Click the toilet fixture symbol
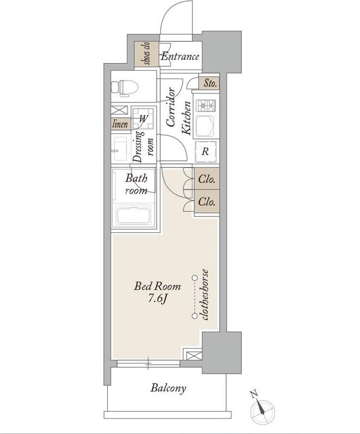(x=124, y=88)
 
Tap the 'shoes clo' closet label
(x=147, y=54)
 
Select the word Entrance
(x=180, y=56)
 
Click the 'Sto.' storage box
(x=209, y=83)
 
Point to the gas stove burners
(x=206, y=105)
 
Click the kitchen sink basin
(x=205, y=126)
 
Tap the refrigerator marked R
(x=205, y=151)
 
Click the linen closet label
(x=120, y=124)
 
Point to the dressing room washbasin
(x=119, y=149)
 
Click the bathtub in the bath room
(x=133, y=215)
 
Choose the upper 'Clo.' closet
(x=207, y=179)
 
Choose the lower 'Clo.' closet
(x=207, y=201)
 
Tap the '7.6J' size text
(x=157, y=298)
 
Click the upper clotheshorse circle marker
(x=195, y=277)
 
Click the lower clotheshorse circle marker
(x=195, y=316)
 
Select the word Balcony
(x=168, y=388)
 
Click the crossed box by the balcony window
(x=194, y=355)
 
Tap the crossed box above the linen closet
(x=119, y=110)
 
